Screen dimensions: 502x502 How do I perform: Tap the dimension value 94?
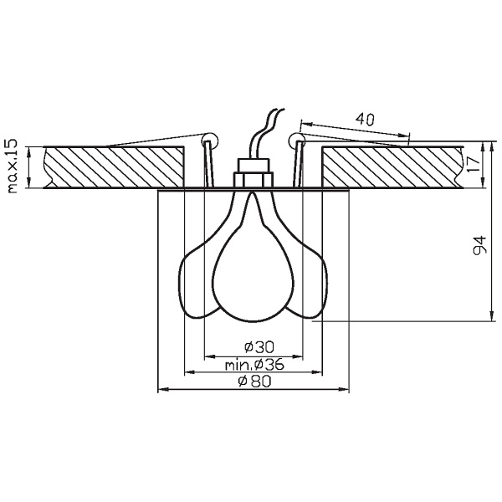coord(479,246)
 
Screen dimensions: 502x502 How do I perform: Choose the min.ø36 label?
coord(254,365)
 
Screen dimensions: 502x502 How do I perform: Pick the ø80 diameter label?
coord(253,382)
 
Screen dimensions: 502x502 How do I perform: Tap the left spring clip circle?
coord(210,139)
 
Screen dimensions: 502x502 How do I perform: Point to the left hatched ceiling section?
coord(113,167)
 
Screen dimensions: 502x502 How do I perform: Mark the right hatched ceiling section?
coord(389,167)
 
